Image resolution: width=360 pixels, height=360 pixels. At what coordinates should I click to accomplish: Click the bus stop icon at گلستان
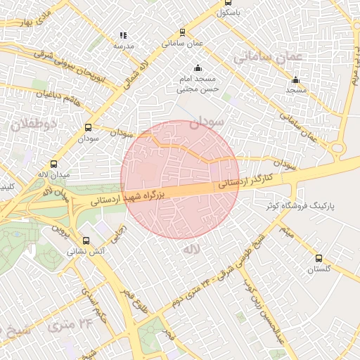tap(319, 258)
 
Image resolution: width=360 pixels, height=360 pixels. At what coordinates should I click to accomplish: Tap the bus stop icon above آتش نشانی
tap(86, 240)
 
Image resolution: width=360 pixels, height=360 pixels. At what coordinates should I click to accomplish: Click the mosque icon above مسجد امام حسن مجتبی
tap(198, 68)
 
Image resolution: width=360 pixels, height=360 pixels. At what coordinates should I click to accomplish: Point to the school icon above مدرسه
tap(123, 34)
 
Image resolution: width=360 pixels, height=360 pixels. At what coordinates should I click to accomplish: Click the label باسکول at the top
tap(229, 13)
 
